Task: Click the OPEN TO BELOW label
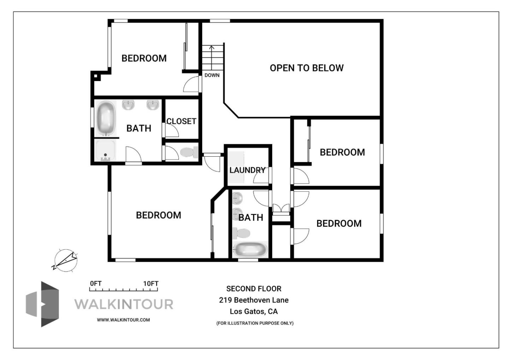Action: [306, 68]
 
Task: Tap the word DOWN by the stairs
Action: [212, 75]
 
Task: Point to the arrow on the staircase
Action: [212, 48]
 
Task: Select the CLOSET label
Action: [181, 121]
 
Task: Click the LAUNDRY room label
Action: [247, 170]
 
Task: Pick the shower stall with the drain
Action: [105, 151]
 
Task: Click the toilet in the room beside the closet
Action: [189, 152]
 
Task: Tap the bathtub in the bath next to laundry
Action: [250, 250]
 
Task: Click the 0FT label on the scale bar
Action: [95, 284]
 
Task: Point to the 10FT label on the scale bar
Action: [151, 284]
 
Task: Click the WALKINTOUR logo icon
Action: [42, 304]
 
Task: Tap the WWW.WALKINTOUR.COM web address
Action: [123, 320]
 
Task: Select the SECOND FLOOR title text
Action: [254, 289]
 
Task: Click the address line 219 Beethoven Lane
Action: [254, 300]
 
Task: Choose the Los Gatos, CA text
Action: [254, 312]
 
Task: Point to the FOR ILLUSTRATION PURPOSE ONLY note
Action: [255, 323]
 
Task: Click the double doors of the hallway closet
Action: [281, 208]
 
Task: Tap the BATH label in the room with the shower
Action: [139, 128]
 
